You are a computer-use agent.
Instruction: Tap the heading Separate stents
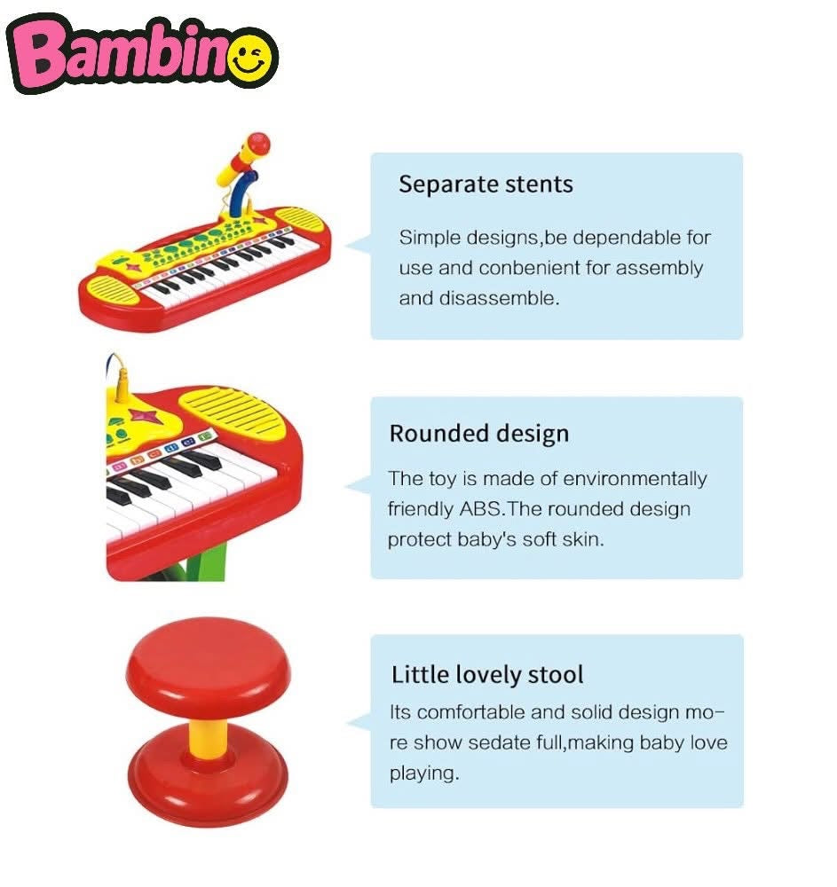pos(486,184)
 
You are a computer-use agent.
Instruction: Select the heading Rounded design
pos(478,434)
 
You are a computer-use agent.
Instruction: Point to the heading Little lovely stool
pos(487,674)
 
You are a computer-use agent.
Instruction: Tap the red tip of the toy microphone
pos(258,142)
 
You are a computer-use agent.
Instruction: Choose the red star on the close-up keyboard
pos(142,415)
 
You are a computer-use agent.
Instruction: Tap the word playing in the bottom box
pos(423,773)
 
